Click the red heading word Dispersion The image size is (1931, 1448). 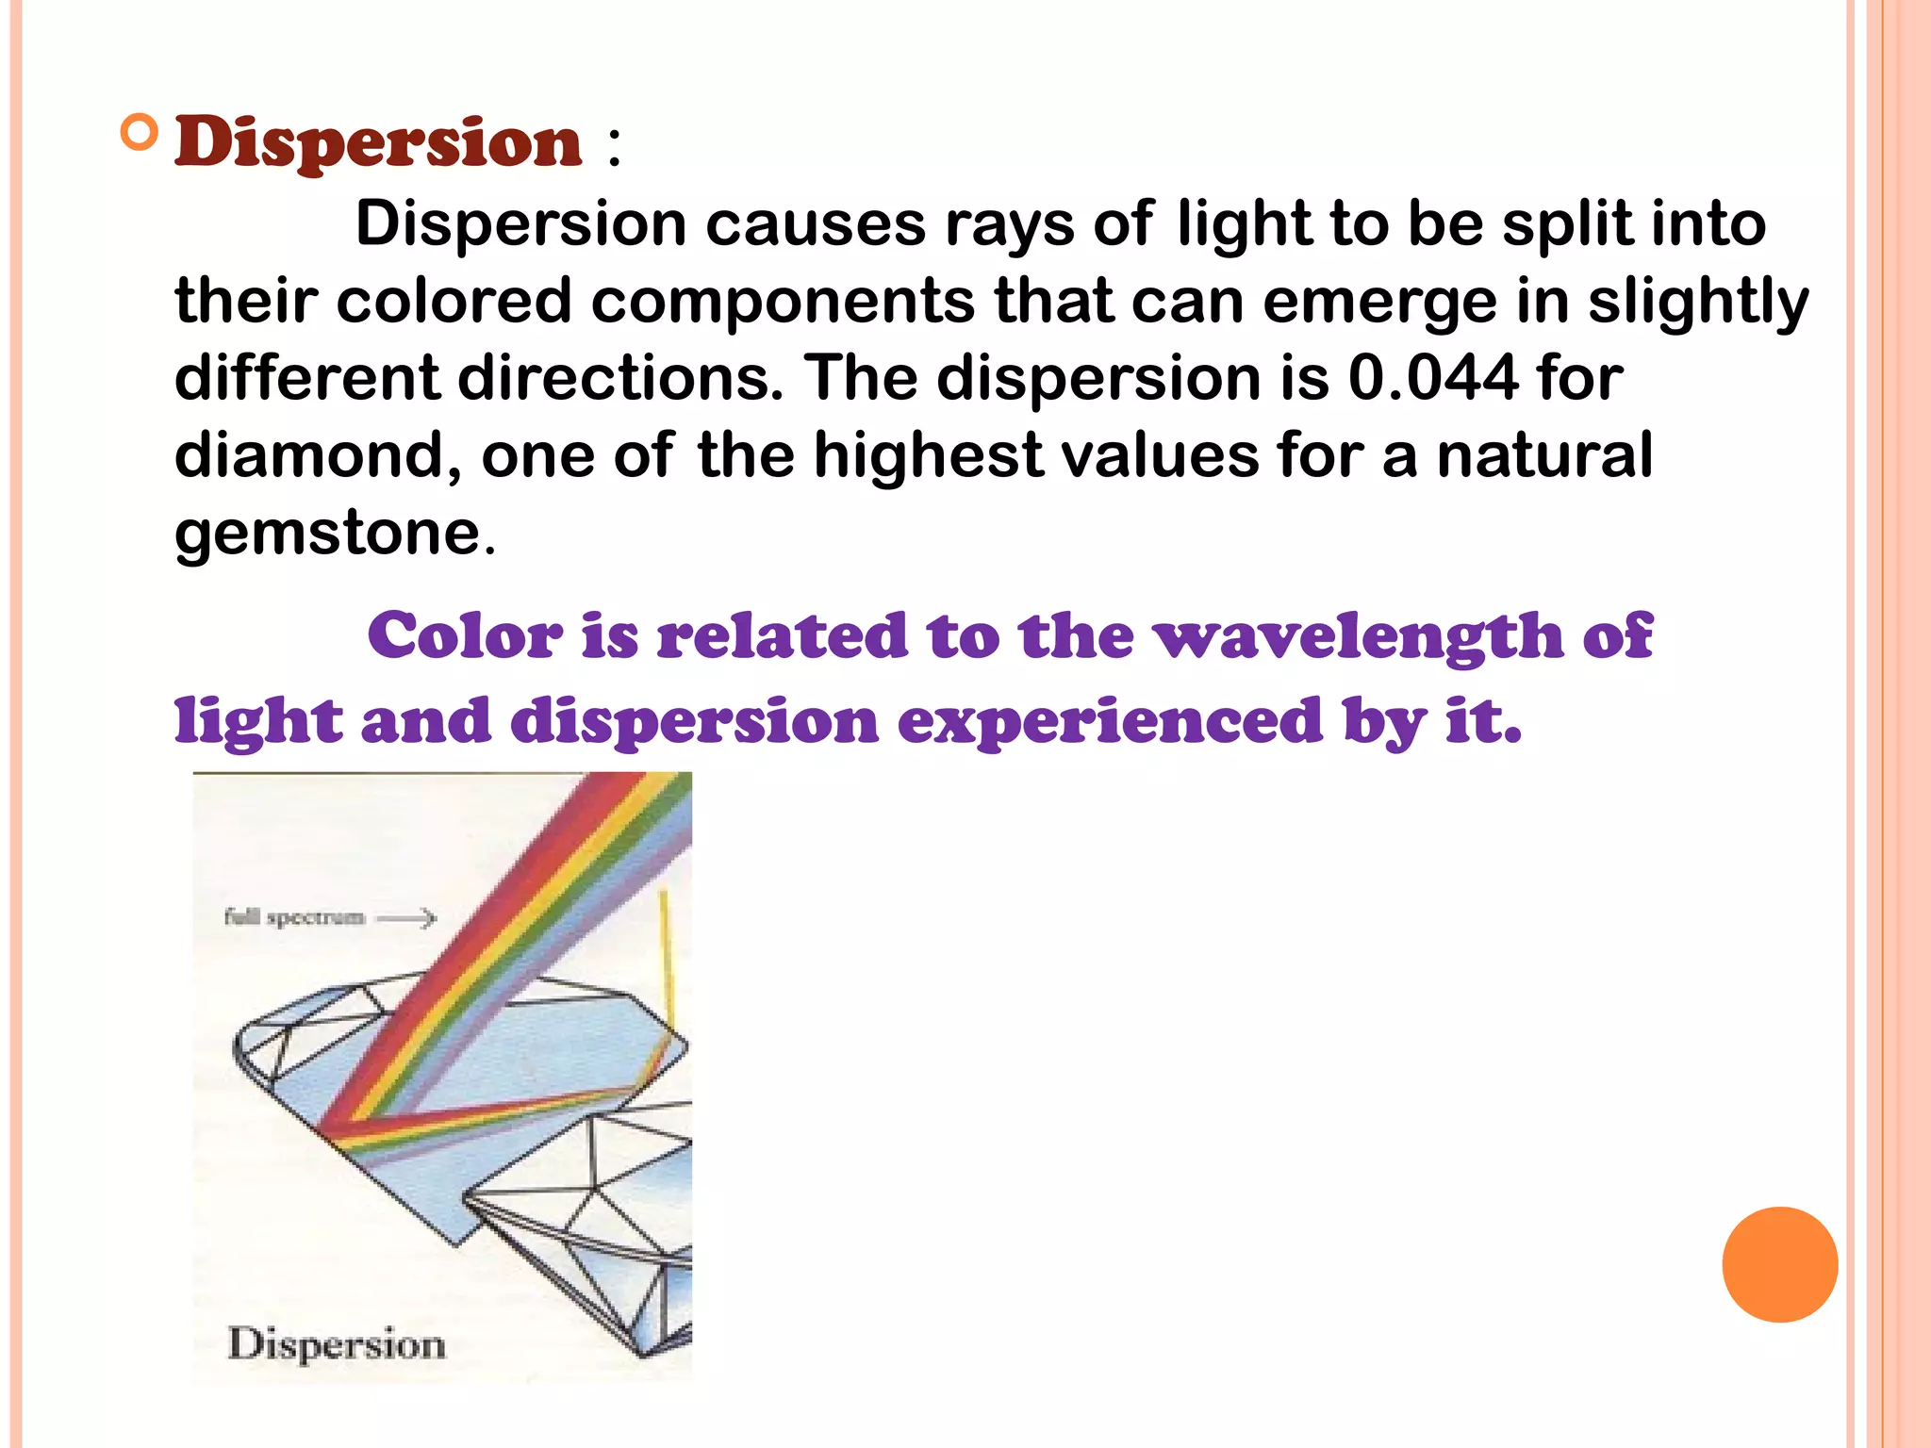tap(378, 143)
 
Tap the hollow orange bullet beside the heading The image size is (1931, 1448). tap(140, 133)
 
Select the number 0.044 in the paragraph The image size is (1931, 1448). tap(1432, 378)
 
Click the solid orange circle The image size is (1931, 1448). tap(1779, 1264)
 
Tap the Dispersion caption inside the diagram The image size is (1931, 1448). tap(337, 1344)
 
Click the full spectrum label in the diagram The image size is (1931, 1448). tap(294, 916)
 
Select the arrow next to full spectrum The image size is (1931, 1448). tap(407, 917)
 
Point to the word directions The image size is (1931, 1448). tap(619, 378)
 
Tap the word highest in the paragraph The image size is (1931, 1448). tap(928, 455)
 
